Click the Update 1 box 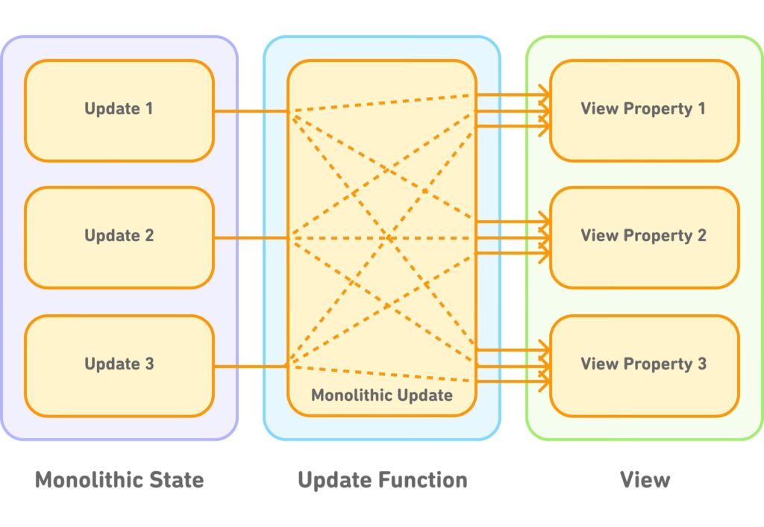click(119, 110)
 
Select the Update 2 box click(119, 237)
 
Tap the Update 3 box click(119, 365)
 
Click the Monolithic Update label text click(382, 395)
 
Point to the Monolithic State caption click(119, 479)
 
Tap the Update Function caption click(382, 479)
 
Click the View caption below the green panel click(645, 479)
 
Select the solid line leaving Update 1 click(251, 111)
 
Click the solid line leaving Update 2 click(251, 238)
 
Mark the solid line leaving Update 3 click(251, 366)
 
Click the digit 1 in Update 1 click(149, 109)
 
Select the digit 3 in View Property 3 click(701, 364)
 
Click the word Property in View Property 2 click(657, 236)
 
